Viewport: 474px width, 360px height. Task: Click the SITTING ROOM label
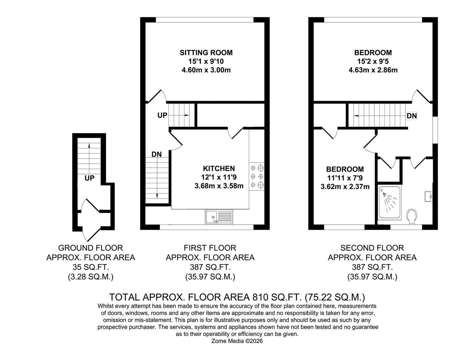pyautogui.click(x=206, y=53)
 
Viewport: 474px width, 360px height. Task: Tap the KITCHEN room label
pyautogui.click(x=219, y=169)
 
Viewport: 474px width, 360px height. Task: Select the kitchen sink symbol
pyautogui.click(x=219, y=217)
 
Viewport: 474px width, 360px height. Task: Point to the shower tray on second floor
pyautogui.click(x=389, y=202)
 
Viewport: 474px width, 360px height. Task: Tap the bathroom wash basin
pyautogui.click(x=429, y=196)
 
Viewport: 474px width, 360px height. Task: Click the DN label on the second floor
pyautogui.click(x=412, y=116)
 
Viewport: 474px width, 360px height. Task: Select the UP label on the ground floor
pyautogui.click(x=89, y=178)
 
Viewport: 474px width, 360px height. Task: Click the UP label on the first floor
pyautogui.click(x=162, y=116)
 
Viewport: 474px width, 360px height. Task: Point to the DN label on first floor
pyautogui.click(x=156, y=154)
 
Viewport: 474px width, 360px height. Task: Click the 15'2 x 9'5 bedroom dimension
pyautogui.click(x=373, y=61)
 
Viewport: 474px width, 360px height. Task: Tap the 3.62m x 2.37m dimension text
pyautogui.click(x=345, y=187)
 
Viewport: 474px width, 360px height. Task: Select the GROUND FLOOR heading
pyautogui.click(x=90, y=248)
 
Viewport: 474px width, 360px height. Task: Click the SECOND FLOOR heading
pyautogui.click(x=372, y=248)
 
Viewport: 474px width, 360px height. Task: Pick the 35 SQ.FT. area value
pyautogui.click(x=90, y=267)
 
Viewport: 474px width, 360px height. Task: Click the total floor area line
pyautogui.click(x=237, y=297)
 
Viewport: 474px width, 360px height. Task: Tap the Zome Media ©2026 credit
pyautogui.click(x=237, y=341)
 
